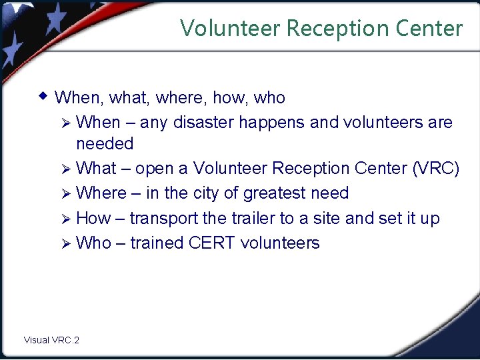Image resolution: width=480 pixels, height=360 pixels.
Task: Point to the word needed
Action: (105, 143)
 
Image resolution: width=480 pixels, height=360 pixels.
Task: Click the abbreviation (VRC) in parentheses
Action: (435, 169)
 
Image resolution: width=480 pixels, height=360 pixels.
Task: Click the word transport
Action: (161, 219)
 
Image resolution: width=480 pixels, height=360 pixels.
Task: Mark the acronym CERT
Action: (212, 243)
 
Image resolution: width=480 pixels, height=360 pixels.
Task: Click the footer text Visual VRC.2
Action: (51, 340)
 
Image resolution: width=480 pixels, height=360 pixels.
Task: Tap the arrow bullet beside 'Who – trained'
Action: (65, 243)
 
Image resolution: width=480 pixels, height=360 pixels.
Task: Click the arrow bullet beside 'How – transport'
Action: (65, 219)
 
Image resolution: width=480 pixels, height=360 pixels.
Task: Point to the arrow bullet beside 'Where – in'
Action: (65, 194)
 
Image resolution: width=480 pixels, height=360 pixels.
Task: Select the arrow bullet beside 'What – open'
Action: (65, 169)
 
